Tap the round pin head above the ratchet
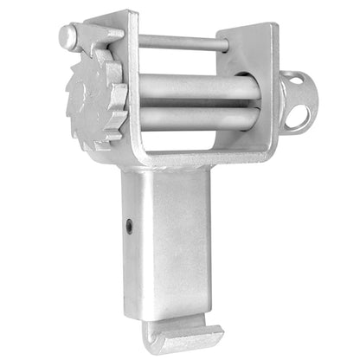pos(68,35)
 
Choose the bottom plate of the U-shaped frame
pos(199,153)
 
